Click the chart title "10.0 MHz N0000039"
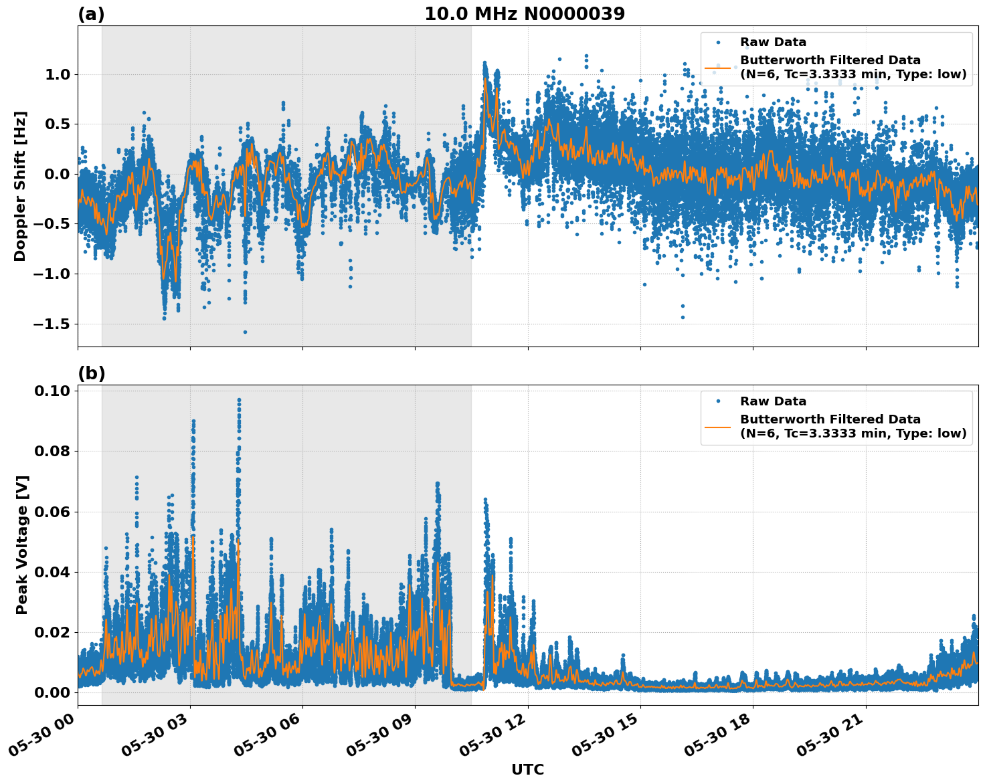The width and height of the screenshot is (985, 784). (x=525, y=14)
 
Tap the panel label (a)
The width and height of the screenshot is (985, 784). (x=91, y=14)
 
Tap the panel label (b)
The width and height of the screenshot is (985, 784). (x=91, y=373)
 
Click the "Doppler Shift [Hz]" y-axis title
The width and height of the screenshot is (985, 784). (x=20, y=186)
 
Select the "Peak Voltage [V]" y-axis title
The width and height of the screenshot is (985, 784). (x=21, y=545)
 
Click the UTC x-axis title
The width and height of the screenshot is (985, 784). (x=527, y=769)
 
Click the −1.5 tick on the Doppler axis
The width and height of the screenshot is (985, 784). (x=54, y=324)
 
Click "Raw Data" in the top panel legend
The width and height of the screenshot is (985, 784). (x=773, y=43)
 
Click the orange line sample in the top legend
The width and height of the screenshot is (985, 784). (x=718, y=68)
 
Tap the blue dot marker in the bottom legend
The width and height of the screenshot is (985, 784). (x=718, y=401)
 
